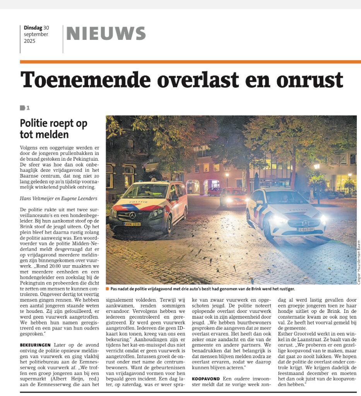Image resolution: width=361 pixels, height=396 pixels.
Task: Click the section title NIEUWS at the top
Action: (106, 34)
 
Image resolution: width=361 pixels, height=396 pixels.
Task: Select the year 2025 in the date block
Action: (29, 41)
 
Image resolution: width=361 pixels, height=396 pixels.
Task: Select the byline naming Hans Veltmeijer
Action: (58, 198)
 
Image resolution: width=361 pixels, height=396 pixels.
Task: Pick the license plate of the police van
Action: (132, 224)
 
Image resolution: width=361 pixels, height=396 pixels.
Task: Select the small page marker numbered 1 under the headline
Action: (25, 108)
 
